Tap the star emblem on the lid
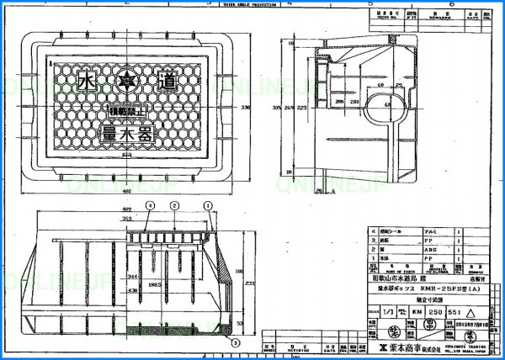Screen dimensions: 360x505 128,82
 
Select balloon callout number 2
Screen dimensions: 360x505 173,205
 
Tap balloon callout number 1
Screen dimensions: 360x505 205,205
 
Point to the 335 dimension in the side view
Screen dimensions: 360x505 277,108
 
